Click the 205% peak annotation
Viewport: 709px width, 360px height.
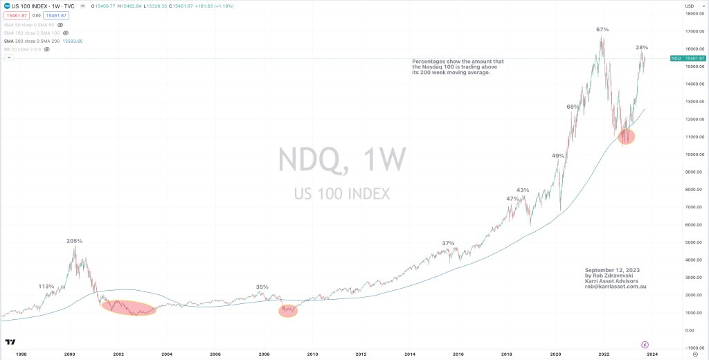click(74, 241)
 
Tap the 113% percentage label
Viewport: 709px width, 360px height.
click(46, 287)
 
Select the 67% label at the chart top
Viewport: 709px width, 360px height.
click(602, 30)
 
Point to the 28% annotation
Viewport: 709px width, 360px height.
click(642, 48)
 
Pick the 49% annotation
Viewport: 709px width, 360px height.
click(558, 156)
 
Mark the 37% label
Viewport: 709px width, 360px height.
click(449, 243)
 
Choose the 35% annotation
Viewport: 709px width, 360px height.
click(262, 287)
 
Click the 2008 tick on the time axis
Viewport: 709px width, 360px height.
click(264, 353)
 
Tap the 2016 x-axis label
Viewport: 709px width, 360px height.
click(458, 353)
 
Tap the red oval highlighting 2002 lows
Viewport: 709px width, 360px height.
click(129, 308)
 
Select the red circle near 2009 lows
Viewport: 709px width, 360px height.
click(288, 311)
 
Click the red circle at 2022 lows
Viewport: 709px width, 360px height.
click(627, 136)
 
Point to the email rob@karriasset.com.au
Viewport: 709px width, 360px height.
click(616, 286)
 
